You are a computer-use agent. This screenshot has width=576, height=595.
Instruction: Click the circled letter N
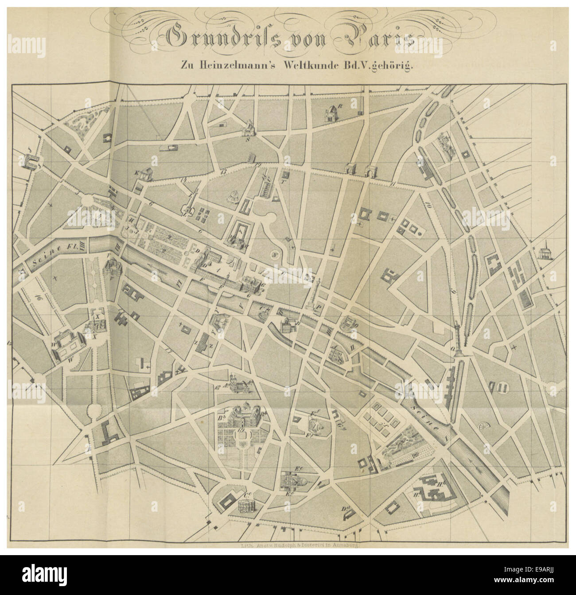(275, 255)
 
